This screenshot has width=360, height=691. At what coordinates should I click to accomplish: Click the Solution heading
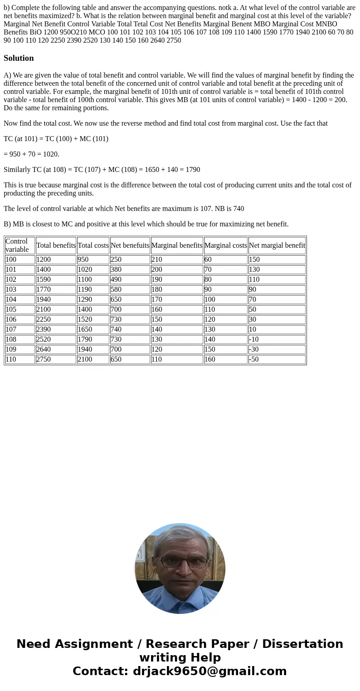coord(19,58)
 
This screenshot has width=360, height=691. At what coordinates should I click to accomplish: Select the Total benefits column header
coord(56,245)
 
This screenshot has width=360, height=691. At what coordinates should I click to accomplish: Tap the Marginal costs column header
coord(225,245)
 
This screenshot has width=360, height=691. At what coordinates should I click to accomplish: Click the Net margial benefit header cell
coord(277,245)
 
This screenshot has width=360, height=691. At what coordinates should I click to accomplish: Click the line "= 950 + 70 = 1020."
coord(31,154)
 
